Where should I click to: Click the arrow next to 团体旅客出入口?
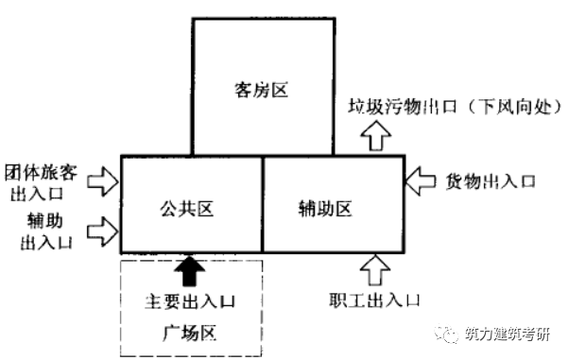(104, 180)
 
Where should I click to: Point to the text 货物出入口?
(491, 180)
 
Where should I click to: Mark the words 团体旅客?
(43, 173)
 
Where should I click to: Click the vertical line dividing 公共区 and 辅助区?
(262, 205)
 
